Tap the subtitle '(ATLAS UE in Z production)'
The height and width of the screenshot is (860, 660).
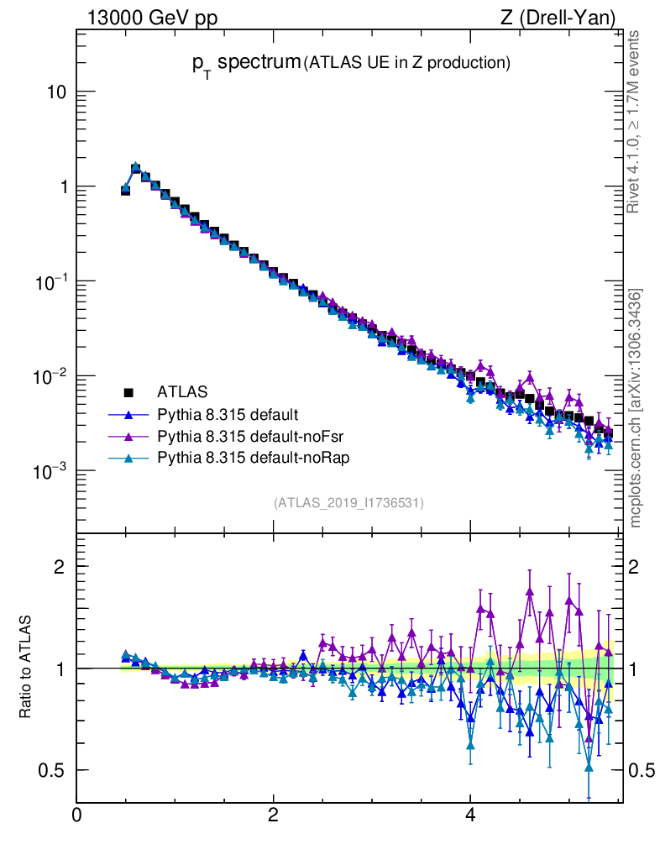[407, 62]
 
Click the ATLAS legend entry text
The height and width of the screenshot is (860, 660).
[182, 391]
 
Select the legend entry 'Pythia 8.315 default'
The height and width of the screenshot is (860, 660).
[228, 414]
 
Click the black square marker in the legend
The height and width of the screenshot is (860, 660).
[128, 391]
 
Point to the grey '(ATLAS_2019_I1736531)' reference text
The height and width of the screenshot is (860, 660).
[348, 503]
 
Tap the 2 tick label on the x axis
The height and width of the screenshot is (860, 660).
[273, 815]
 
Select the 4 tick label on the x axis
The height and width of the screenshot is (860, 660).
[470, 815]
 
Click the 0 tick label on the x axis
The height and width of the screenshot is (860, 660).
[76, 815]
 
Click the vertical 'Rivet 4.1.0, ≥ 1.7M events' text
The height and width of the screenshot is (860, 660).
[635, 122]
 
